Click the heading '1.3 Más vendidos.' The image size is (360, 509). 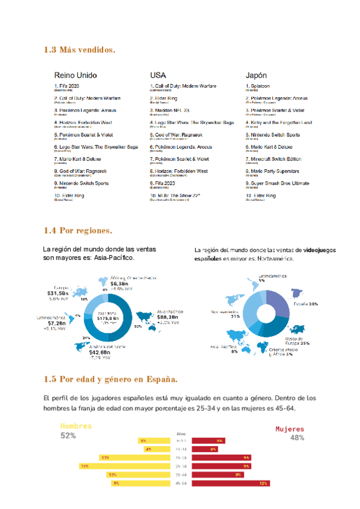tap(80, 49)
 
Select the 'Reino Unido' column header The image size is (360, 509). tap(76, 76)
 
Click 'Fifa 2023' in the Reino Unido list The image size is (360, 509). tap(68, 86)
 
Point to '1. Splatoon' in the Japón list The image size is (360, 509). tap(260, 86)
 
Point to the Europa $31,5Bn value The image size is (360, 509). tap(60, 293)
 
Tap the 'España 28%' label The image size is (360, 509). tap(305, 304)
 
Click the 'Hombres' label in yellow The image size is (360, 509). tap(76, 426)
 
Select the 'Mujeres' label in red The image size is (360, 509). tap(290, 430)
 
